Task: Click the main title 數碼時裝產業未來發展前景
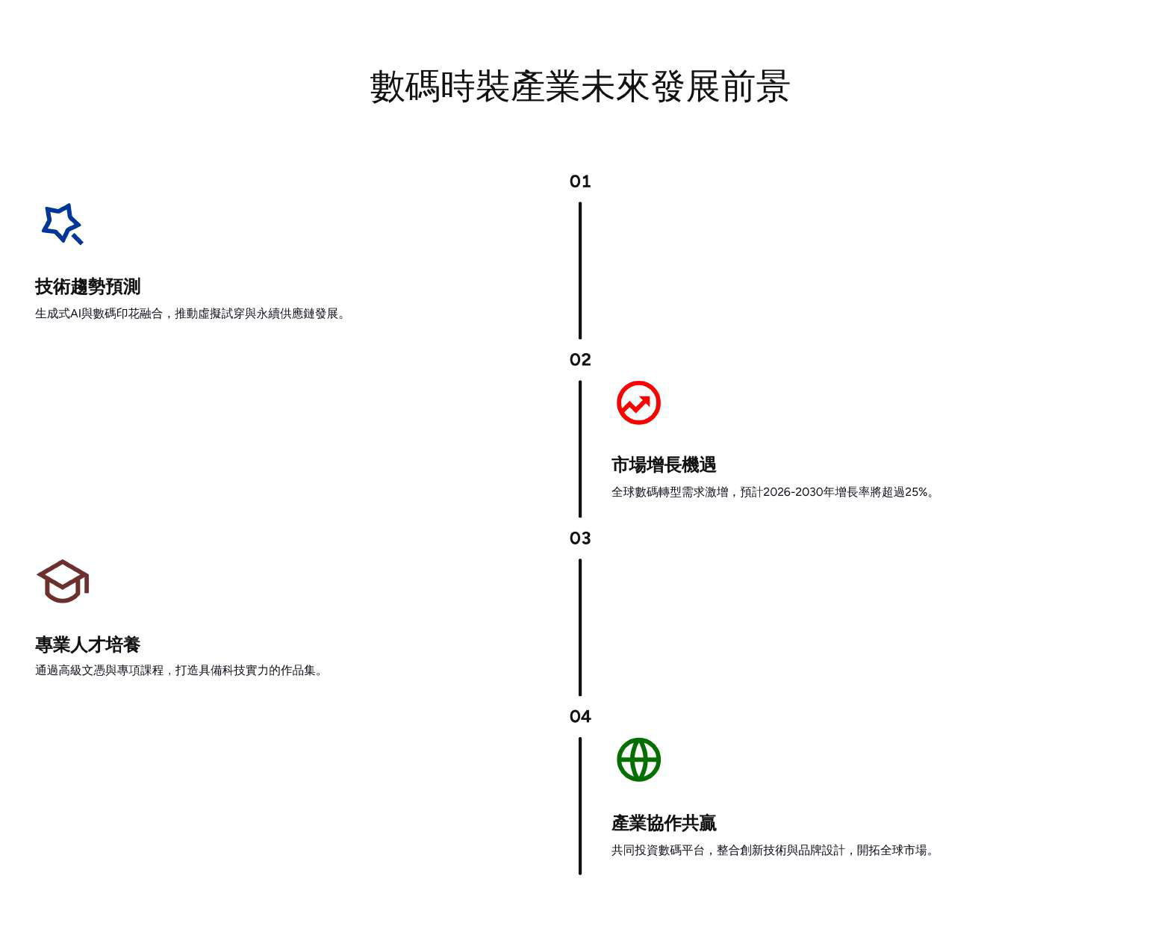point(580,87)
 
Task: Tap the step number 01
point(580,181)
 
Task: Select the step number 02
point(580,360)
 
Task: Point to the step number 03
point(580,538)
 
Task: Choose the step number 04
point(580,717)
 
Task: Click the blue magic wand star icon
point(62,223)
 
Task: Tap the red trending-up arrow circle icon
point(638,403)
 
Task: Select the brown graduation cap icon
point(63,581)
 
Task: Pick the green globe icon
point(638,759)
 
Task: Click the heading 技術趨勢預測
point(87,287)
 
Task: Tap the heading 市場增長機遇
point(663,465)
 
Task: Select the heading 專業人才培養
point(87,644)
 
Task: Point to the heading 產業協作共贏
point(663,823)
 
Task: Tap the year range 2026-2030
point(792,492)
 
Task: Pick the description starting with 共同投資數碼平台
point(774,850)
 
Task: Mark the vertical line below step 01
point(580,270)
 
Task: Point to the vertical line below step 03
point(580,627)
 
